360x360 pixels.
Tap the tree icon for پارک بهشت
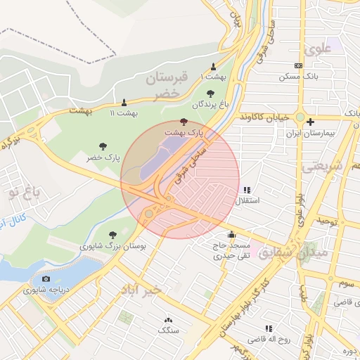coord(184,122)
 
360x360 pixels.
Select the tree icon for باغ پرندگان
coord(210,93)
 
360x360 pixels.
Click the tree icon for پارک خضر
coord(103,147)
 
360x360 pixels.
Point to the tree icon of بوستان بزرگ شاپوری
coord(112,235)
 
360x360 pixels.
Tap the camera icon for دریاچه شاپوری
coord(46,279)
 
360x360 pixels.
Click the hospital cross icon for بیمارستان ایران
coord(310,122)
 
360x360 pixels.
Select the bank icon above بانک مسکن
coord(299,65)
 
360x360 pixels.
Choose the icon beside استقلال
coord(247,190)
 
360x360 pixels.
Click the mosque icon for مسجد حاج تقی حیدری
coord(231,235)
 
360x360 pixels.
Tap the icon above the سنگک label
coord(168,319)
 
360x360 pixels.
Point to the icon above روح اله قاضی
coord(269,328)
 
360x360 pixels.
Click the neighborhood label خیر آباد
coord(141,289)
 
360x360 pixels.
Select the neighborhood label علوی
coord(318,49)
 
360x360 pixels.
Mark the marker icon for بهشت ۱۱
coord(124,102)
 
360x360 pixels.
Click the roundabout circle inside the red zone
coord(148,213)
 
